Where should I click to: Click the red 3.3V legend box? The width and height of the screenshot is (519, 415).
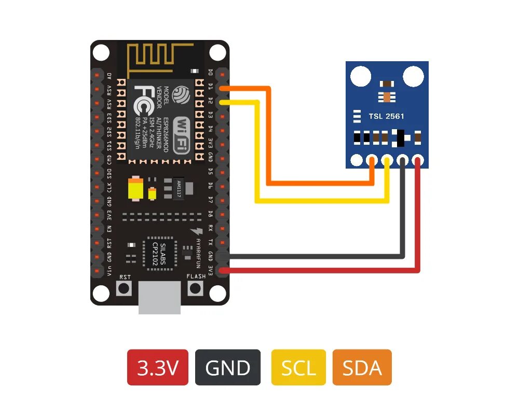(158, 367)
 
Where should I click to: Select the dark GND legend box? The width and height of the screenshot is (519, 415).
(228, 367)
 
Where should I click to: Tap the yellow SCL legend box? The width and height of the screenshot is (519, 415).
(298, 367)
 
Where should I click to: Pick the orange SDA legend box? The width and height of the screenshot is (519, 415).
(362, 367)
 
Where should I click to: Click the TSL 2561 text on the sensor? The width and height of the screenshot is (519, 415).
(387, 116)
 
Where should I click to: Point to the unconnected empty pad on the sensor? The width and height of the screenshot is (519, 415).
(356, 160)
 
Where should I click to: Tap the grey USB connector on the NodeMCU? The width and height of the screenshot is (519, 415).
(160, 298)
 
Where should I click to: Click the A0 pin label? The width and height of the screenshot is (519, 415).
(109, 76)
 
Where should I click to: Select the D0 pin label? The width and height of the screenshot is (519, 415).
(210, 73)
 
